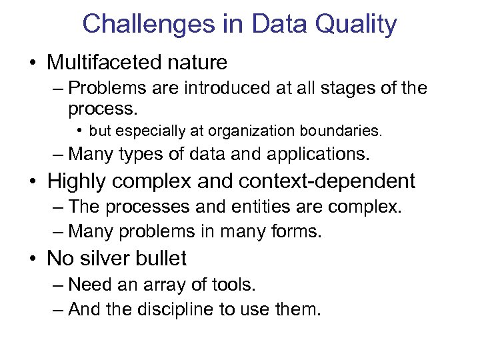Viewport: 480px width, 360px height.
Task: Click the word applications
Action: [317, 155]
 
